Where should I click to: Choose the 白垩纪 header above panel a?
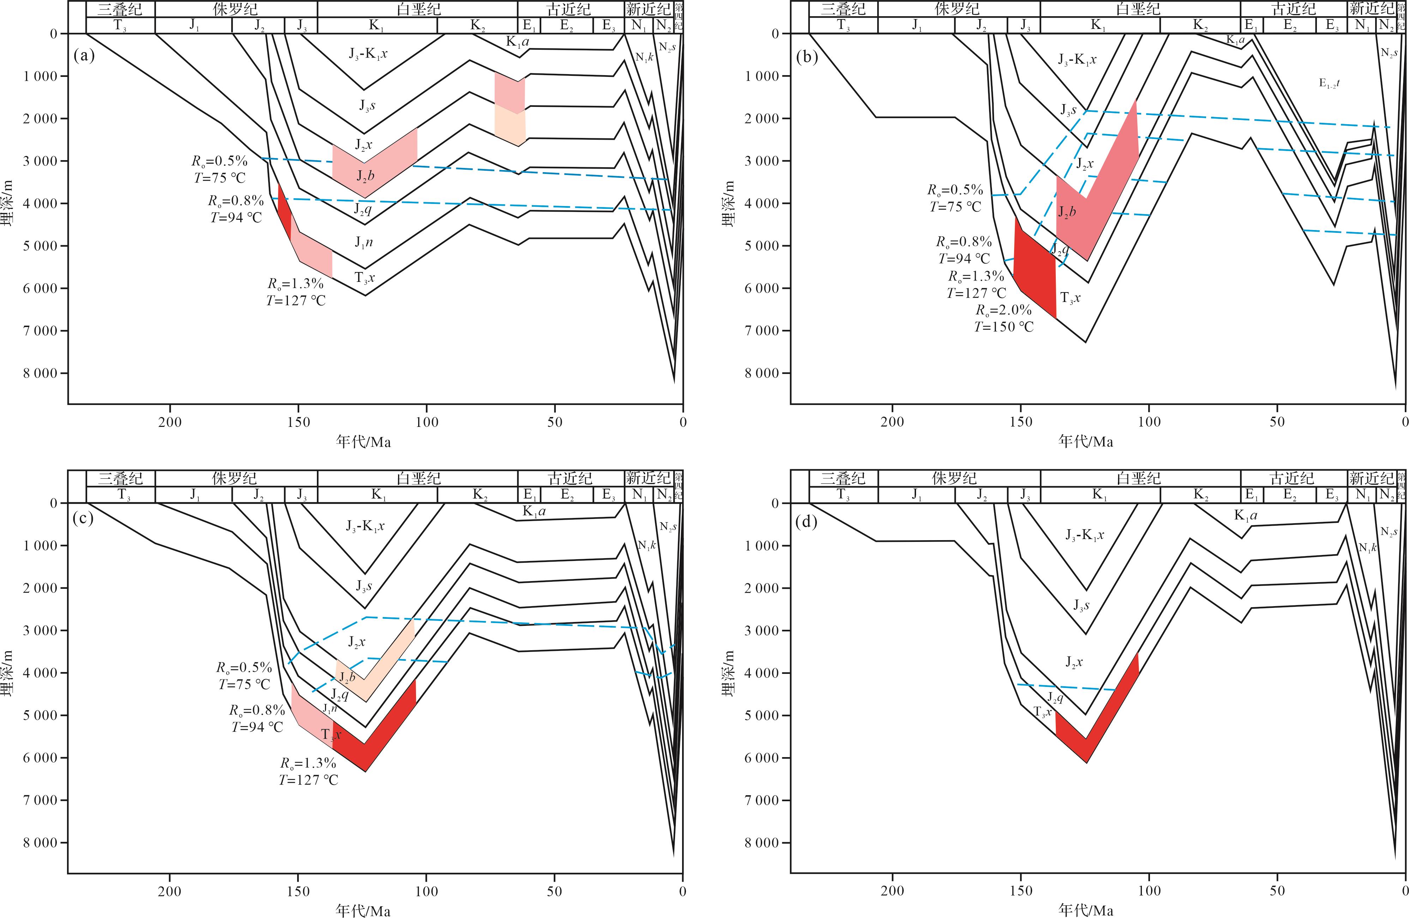pos(418,9)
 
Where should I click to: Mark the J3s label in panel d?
pos(1082,605)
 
